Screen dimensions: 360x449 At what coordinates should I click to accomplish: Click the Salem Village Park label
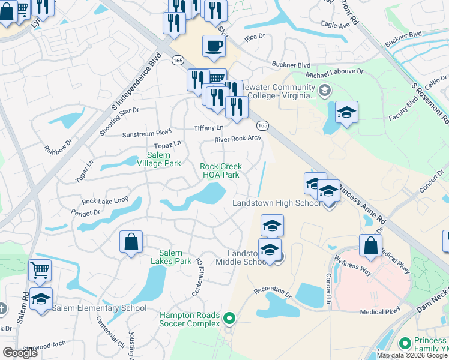[x=159, y=159]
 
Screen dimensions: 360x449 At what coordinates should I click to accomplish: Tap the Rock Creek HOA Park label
[x=221, y=170]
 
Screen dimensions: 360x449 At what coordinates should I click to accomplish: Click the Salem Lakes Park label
[x=175, y=257]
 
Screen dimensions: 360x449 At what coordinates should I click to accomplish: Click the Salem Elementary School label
[x=99, y=308]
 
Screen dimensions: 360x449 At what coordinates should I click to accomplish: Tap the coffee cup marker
[x=214, y=47]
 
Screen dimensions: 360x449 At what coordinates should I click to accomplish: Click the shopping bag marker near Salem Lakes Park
[x=131, y=242]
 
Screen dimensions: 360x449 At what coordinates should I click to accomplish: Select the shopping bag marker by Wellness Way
[x=370, y=245]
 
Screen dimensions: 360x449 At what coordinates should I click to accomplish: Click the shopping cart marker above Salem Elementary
[x=40, y=270]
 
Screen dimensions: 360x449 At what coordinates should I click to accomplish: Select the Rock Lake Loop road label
[x=106, y=200]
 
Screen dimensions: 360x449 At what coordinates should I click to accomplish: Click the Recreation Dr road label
[x=272, y=290]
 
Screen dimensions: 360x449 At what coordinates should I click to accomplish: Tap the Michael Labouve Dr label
[x=335, y=73]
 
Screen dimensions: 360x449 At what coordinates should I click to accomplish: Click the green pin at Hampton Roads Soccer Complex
[x=228, y=318]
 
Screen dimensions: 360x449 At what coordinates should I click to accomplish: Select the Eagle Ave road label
[x=335, y=25]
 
